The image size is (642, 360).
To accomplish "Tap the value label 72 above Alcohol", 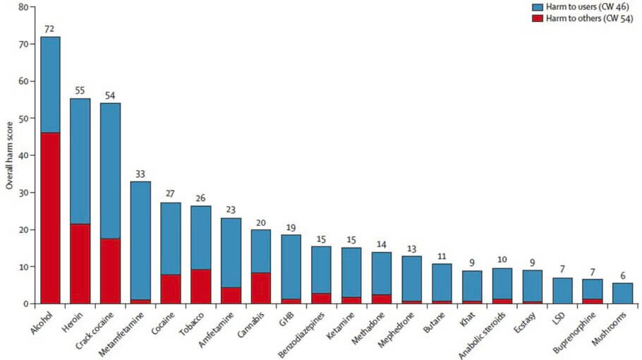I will point(50,28).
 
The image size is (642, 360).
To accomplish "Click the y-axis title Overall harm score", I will point(9,155).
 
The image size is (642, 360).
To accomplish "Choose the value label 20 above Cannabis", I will point(260,221).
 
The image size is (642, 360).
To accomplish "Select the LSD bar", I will point(562,291).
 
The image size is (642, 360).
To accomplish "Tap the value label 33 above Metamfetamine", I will point(140,173).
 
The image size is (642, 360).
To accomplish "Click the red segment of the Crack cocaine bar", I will point(110,271).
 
